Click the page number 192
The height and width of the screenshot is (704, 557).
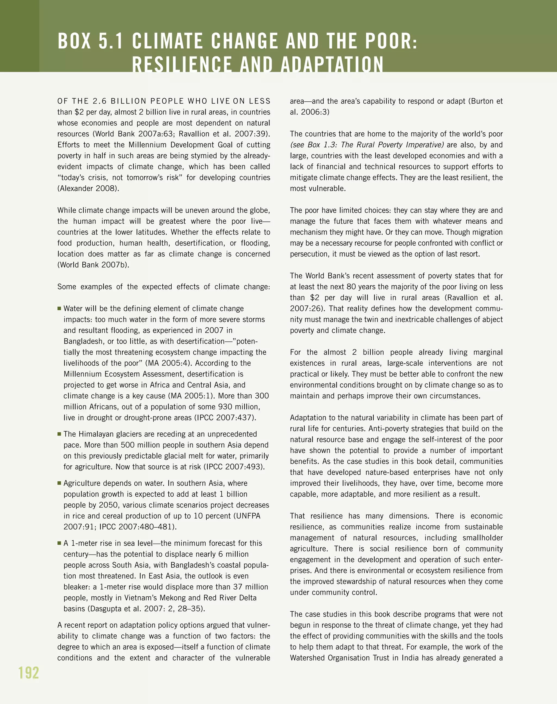click(x=29, y=673)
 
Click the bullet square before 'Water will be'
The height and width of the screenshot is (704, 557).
click(x=59, y=308)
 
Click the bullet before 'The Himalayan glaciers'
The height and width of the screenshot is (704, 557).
click(x=59, y=434)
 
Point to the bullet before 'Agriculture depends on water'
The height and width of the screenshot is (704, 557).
click(x=59, y=483)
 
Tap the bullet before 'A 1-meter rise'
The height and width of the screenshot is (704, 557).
click(x=59, y=543)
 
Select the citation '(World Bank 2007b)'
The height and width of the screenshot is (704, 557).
click(x=93, y=265)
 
